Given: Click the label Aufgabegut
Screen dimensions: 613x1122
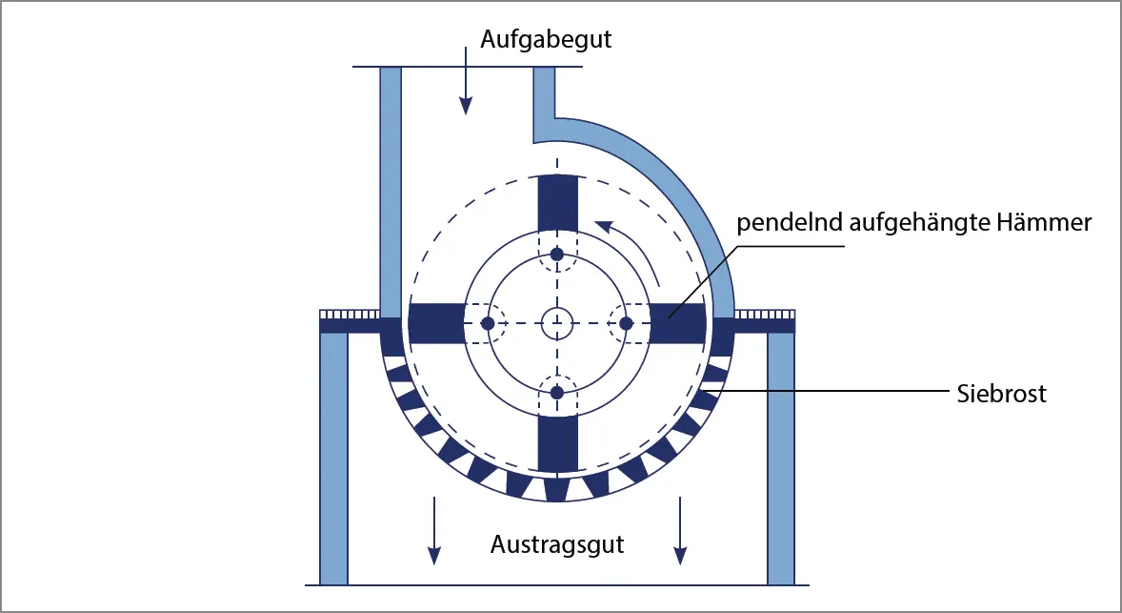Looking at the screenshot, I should (546, 41).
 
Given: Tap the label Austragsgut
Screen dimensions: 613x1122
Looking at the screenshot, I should (557, 545).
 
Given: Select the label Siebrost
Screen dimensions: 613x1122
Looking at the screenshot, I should (1001, 393).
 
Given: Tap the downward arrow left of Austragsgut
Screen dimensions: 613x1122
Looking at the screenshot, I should (434, 529).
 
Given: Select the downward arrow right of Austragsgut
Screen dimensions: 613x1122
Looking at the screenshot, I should (680, 529).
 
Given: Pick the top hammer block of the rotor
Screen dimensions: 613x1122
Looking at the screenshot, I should (558, 202).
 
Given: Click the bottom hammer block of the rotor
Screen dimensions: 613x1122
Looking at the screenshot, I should (558, 443).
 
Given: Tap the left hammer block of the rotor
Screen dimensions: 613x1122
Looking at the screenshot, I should (435, 323).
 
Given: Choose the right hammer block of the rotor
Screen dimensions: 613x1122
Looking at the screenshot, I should (678, 323).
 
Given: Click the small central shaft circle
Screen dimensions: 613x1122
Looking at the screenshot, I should (557, 323).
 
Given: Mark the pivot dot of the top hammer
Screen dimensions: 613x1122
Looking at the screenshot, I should (558, 255).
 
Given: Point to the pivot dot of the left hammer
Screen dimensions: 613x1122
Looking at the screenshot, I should (488, 324).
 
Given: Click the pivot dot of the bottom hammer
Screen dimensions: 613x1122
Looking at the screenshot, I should (558, 393).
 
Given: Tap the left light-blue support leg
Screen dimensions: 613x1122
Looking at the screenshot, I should (333, 458).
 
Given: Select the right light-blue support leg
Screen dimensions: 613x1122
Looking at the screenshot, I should (781, 458).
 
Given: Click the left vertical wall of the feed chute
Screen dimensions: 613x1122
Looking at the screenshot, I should (391, 191).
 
